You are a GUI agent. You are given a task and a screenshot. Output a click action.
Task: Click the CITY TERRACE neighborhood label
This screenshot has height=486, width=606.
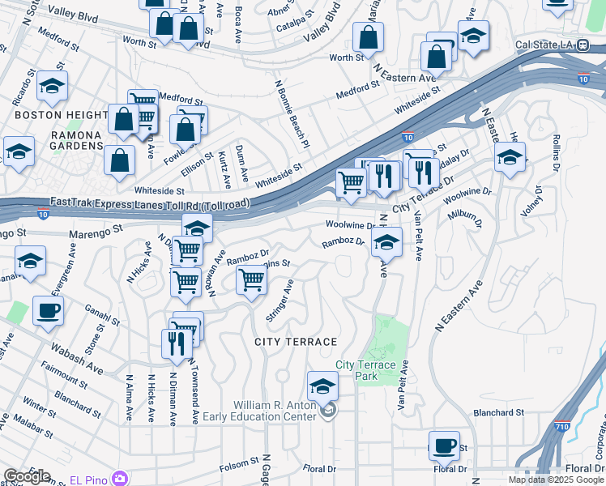pos(296,342)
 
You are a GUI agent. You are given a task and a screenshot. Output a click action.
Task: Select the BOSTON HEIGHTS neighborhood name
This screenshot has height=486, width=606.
pos(62,116)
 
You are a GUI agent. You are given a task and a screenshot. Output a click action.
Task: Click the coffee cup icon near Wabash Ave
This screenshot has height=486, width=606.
pos(48,309)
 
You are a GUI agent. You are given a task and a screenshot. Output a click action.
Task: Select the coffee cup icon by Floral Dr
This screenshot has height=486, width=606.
pos(444,444)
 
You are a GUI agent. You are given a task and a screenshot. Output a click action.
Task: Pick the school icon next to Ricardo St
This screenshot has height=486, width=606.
pos(53,85)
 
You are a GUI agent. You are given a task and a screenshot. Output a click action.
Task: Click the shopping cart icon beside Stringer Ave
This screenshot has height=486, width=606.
pos(252,280)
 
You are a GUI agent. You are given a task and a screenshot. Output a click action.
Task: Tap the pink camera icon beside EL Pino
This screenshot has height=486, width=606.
pos(121,478)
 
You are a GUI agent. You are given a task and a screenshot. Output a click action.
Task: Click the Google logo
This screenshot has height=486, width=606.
pos(28,476)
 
